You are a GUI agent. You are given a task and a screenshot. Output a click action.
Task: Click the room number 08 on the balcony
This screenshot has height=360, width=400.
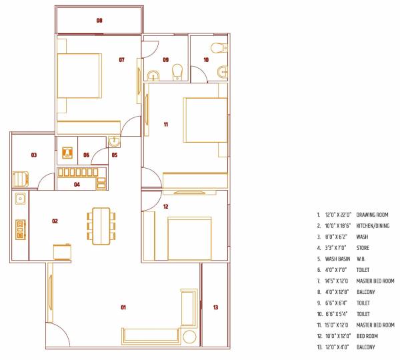click(99, 21)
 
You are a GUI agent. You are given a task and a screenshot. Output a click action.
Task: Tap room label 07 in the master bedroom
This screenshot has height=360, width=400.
click(122, 60)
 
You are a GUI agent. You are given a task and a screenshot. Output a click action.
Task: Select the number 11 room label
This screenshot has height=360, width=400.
click(165, 124)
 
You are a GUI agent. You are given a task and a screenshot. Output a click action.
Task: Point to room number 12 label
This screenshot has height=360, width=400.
click(165, 207)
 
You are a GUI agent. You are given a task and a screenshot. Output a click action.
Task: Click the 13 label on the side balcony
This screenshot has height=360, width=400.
click(215, 307)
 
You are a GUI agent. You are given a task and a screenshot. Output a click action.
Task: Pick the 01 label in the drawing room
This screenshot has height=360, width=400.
click(123, 307)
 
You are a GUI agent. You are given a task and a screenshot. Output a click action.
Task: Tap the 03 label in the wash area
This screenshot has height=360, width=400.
click(33, 155)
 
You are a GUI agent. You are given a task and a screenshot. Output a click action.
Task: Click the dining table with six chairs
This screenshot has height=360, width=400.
click(101, 224)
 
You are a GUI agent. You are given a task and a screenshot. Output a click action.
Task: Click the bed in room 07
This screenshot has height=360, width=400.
click(79, 75)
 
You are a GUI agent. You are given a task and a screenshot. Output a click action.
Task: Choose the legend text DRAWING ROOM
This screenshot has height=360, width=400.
click(373, 215)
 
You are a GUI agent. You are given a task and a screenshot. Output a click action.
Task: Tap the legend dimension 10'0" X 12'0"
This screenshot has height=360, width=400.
click(338, 336)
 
